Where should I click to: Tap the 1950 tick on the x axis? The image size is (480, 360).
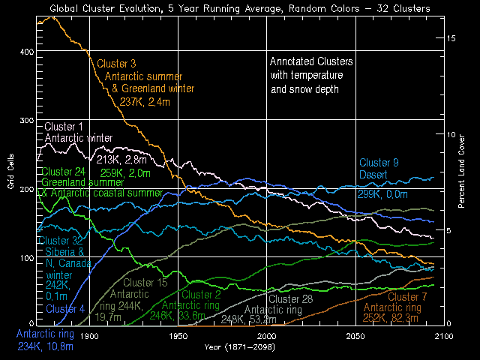178,337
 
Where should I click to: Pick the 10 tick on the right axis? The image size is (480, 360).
451,134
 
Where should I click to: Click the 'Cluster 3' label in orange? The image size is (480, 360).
116,63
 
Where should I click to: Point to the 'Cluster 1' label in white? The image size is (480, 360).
64,125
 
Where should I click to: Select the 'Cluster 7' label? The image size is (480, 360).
408,298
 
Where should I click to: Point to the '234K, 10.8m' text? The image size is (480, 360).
45,346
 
